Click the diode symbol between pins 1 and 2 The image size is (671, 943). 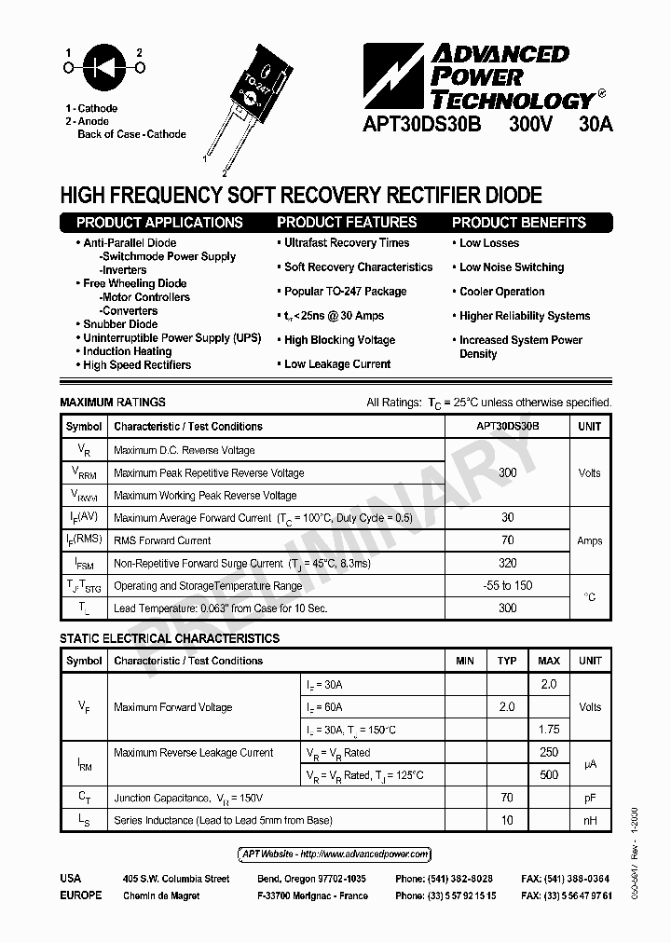pyautogui.click(x=103, y=67)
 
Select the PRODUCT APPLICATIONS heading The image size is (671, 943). pyautogui.click(x=159, y=223)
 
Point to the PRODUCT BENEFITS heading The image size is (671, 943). pyautogui.click(x=519, y=223)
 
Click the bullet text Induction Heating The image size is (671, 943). pyautogui.click(x=128, y=351)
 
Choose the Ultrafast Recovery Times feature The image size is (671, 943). pyautogui.click(x=347, y=243)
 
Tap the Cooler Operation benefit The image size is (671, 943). pyautogui.click(x=501, y=292)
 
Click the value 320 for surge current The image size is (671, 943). pyautogui.click(x=507, y=564)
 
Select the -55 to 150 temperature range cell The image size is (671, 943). pyautogui.click(x=507, y=586)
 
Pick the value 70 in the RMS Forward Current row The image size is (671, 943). pyautogui.click(x=507, y=540)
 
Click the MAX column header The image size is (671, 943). pyautogui.click(x=549, y=661)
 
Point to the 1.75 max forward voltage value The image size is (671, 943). pyautogui.click(x=549, y=730)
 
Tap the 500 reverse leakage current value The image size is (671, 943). pyautogui.click(x=549, y=775)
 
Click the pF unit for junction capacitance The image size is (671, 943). pyautogui.click(x=590, y=798)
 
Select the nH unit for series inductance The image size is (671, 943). pyautogui.click(x=590, y=821)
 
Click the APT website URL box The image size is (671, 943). pyautogui.click(x=335, y=854)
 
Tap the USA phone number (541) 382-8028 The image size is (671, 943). pyautogui.click(x=444, y=879)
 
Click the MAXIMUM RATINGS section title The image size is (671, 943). pyautogui.click(x=113, y=403)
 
